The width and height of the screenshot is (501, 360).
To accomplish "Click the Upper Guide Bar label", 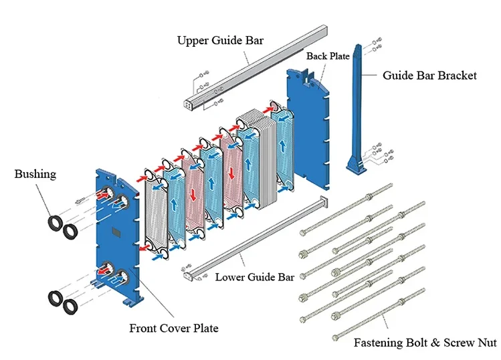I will click(x=220, y=40).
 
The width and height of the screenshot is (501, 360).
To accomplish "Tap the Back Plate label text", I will click(x=328, y=56).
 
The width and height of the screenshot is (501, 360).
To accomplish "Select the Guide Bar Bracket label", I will click(x=429, y=76).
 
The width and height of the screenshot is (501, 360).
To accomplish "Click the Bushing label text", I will click(x=35, y=174).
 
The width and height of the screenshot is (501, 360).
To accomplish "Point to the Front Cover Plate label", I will click(x=173, y=328).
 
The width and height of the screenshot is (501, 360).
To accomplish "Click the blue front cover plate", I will click(x=117, y=248).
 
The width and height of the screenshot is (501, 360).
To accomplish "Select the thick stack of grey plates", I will click(x=261, y=161).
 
